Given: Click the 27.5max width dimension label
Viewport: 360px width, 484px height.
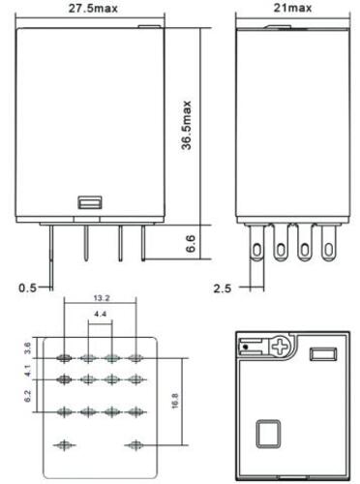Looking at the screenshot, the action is [x=93, y=8].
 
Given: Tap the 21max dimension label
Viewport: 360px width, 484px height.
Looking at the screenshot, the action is [x=292, y=8].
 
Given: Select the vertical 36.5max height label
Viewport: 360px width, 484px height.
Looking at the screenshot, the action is [x=186, y=125].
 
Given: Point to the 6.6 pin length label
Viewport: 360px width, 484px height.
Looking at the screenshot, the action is [x=191, y=244].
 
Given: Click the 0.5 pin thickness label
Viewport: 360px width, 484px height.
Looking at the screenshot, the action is [x=28, y=287].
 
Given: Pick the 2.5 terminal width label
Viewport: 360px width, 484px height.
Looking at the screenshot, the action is [x=223, y=288].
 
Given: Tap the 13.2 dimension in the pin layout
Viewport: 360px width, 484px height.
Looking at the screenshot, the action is [x=102, y=298].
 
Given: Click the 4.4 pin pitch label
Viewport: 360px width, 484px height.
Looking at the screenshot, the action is [x=100, y=314].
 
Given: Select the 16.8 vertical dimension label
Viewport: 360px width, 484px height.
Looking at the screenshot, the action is [x=175, y=401].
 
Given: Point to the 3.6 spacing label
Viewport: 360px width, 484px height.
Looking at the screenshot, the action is [x=28, y=348].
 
